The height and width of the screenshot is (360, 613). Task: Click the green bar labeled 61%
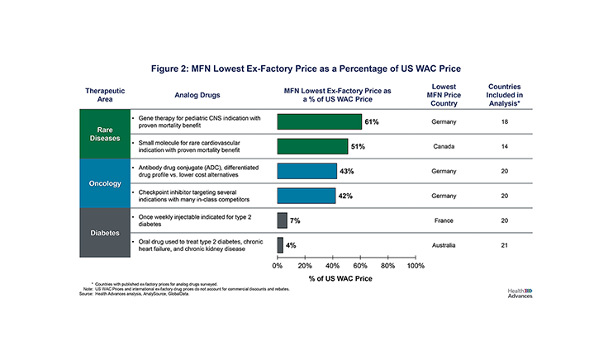pyautogui.click(x=319, y=122)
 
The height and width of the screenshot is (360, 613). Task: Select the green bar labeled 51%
pyautogui.click(x=312, y=146)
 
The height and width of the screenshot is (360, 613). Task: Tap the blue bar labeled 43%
pyautogui.click(x=306, y=171)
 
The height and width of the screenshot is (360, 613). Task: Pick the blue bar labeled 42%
pyautogui.click(x=306, y=196)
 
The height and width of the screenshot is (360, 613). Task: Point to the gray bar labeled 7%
pyautogui.click(x=282, y=220)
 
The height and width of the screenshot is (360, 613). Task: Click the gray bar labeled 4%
pyautogui.click(x=280, y=244)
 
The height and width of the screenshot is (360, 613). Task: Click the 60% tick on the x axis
pyautogui.click(x=360, y=266)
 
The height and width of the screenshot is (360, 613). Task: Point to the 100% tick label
pyautogui.click(x=416, y=266)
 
